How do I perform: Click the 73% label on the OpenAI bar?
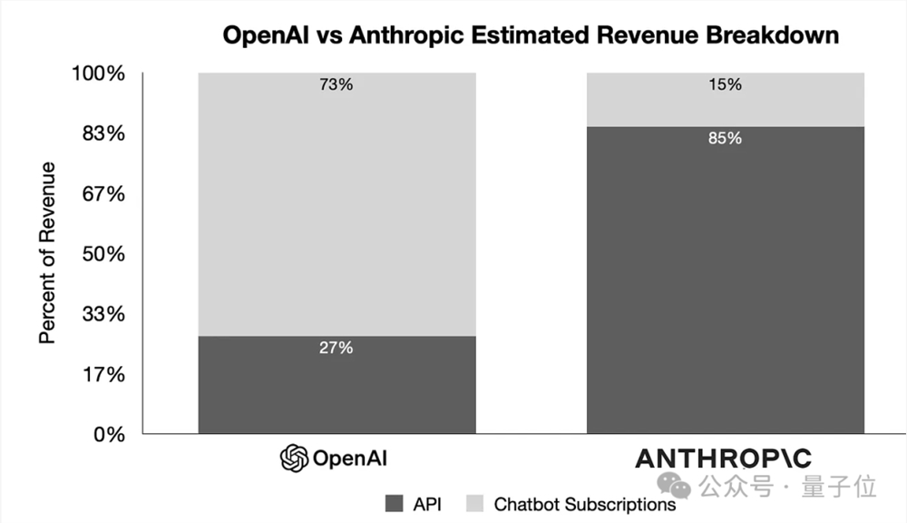(x=336, y=85)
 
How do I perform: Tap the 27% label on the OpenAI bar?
(x=336, y=348)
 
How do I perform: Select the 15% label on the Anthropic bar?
(x=725, y=84)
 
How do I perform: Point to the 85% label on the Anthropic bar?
(x=725, y=139)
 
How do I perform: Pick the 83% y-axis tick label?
(x=102, y=133)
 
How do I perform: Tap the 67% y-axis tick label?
(x=102, y=194)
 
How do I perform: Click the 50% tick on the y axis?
(x=102, y=253)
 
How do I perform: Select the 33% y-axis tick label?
(x=102, y=314)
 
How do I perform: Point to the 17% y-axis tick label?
(x=102, y=374)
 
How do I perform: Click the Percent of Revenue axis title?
(x=47, y=252)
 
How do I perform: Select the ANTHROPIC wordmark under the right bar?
(x=723, y=459)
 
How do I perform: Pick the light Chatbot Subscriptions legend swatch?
(x=475, y=502)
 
